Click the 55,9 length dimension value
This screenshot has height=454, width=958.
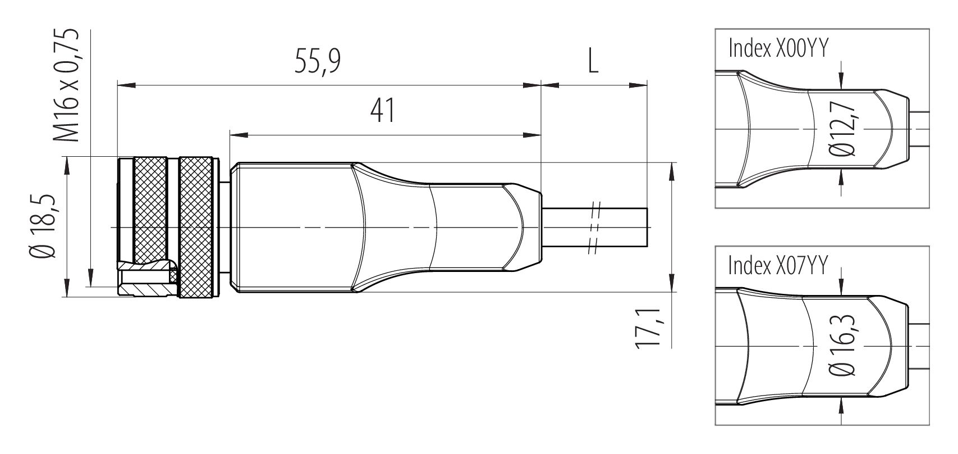(x=318, y=62)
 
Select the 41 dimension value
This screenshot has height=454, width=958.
(x=383, y=111)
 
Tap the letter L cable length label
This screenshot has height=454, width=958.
(x=593, y=62)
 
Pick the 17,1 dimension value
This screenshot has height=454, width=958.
(x=649, y=328)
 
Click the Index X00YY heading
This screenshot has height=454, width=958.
(x=777, y=48)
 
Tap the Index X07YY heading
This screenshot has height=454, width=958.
(x=777, y=265)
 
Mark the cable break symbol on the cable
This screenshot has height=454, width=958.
(x=595, y=227)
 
